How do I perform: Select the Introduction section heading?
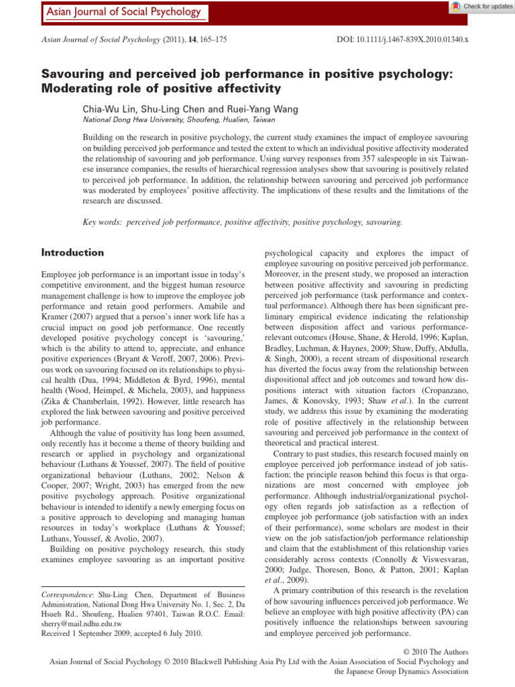point(72,253)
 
